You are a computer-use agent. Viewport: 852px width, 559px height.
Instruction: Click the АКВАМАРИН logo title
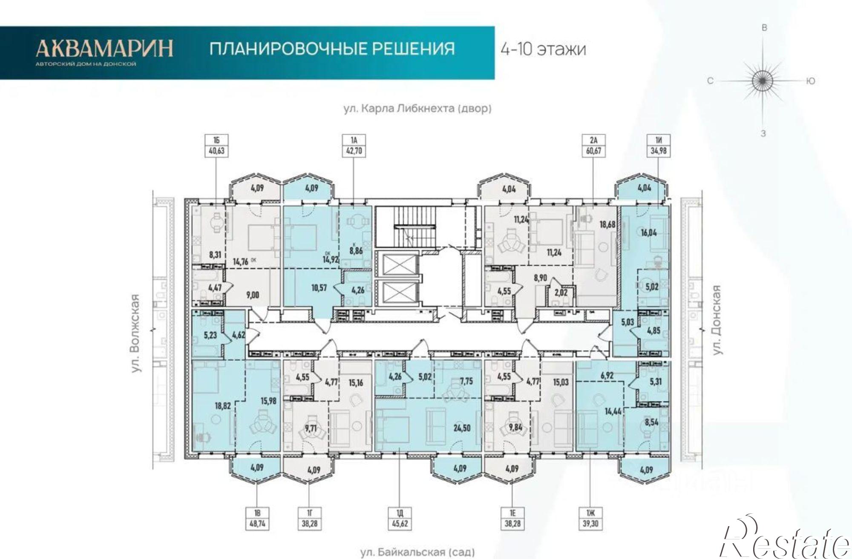104,48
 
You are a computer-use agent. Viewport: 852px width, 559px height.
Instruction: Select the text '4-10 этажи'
543,49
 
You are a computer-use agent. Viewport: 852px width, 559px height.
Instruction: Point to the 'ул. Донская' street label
718,320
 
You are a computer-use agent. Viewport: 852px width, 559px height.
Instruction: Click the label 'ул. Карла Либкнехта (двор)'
417,109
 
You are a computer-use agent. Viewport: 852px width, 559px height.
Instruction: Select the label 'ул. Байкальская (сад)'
417,552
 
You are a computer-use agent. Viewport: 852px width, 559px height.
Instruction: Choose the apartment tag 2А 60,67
593,145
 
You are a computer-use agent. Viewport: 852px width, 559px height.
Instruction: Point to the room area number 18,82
223,406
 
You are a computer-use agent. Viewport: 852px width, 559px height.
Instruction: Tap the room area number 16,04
649,232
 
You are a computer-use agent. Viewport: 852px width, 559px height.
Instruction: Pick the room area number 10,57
319,288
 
